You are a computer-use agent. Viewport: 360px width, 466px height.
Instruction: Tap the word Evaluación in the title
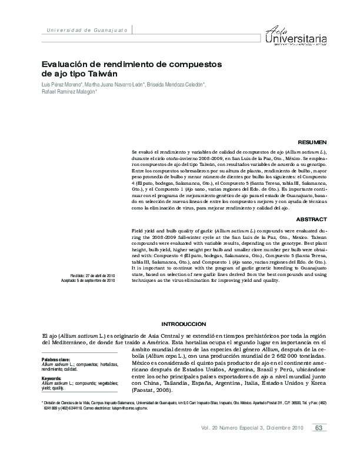click(64, 64)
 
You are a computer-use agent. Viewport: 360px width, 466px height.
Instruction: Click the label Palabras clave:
click(56, 358)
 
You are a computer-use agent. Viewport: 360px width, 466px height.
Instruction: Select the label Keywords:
click(52, 378)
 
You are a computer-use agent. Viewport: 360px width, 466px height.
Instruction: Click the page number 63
click(318, 444)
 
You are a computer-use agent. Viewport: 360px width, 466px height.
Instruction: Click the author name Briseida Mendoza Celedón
click(175, 85)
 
